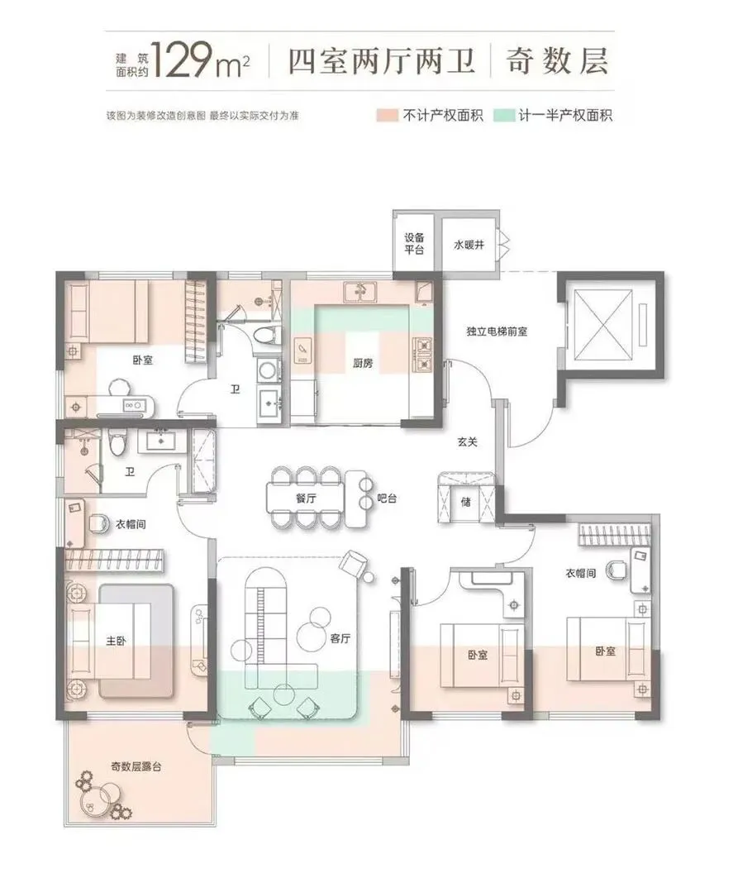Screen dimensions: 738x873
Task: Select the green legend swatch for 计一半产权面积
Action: pyautogui.click(x=503, y=115)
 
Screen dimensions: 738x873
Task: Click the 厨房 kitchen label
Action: pyautogui.click(x=363, y=364)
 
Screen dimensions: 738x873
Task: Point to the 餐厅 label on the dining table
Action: pyautogui.click(x=306, y=499)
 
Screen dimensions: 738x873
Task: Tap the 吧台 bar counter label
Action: pyautogui.click(x=387, y=499)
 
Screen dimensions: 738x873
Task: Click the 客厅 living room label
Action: pyautogui.click(x=340, y=638)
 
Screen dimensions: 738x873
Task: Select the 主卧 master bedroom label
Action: pyautogui.click(x=116, y=641)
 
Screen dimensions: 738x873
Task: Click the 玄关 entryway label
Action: pyautogui.click(x=467, y=441)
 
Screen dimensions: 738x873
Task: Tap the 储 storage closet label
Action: pyautogui.click(x=466, y=502)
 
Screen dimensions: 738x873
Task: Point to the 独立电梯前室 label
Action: pyautogui.click(x=497, y=332)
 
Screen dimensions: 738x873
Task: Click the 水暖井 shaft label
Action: pyautogui.click(x=469, y=244)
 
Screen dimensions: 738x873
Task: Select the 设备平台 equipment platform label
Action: pyautogui.click(x=414, y=243)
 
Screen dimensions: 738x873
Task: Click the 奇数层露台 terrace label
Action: pyautogui.click(x=136, y=766)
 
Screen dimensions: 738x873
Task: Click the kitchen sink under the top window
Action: pyautogui.click(x=360, y=291)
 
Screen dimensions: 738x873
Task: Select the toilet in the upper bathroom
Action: pyautogui.click(x=264, y=336)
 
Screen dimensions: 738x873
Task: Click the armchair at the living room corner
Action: pyautogui.click(x=354, y=565)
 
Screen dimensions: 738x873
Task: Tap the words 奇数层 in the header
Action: pyautogui.click(x=555, y=60)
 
